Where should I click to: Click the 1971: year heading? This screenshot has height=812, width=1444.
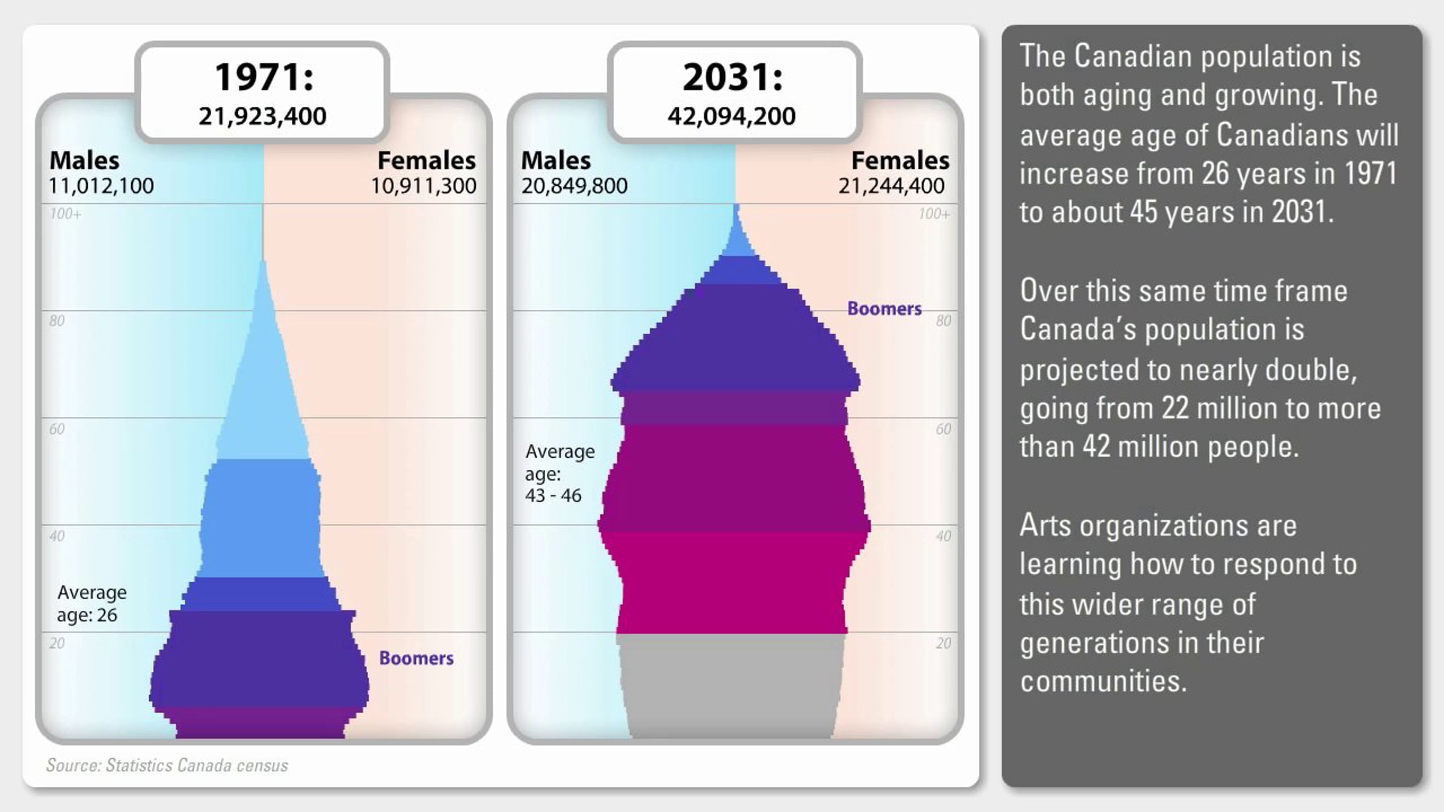(x=264, y=78)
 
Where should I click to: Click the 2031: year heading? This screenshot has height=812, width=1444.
(x=733, y=78)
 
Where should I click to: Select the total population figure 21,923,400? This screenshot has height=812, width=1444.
(x=262, y=116)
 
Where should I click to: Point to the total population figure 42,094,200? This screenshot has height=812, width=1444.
(x=732, y=116)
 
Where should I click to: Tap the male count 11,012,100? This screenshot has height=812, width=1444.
(x=101, y=186)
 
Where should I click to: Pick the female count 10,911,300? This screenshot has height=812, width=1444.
(x=424, y=186)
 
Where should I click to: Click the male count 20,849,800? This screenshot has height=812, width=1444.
(x=574, y=186)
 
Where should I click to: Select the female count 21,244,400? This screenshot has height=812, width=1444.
(x=891, y=186)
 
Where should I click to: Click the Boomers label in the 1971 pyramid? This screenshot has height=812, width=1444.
(x=416, y=658)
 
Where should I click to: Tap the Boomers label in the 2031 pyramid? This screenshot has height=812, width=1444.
(x=884, y=309)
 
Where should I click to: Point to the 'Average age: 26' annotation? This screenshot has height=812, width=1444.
(x=92, y=603)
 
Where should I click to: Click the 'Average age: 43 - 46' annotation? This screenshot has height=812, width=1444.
(x=560, y=473)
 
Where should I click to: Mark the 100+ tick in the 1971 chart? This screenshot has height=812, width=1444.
(x=66, y=214)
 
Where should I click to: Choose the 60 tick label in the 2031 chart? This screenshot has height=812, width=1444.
(x=943, y=429)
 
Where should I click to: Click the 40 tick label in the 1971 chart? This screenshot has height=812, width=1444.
(x=57, y=536)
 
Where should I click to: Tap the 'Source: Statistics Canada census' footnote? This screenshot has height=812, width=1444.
(x=167, y=765)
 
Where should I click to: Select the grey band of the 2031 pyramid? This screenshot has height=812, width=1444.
(x=731, y=686)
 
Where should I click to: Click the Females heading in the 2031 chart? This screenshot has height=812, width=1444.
(x=900, y=161)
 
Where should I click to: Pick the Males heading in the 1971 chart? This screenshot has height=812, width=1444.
(x=84, y=161)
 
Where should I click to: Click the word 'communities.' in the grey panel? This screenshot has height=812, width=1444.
(x=1103, y=681)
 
